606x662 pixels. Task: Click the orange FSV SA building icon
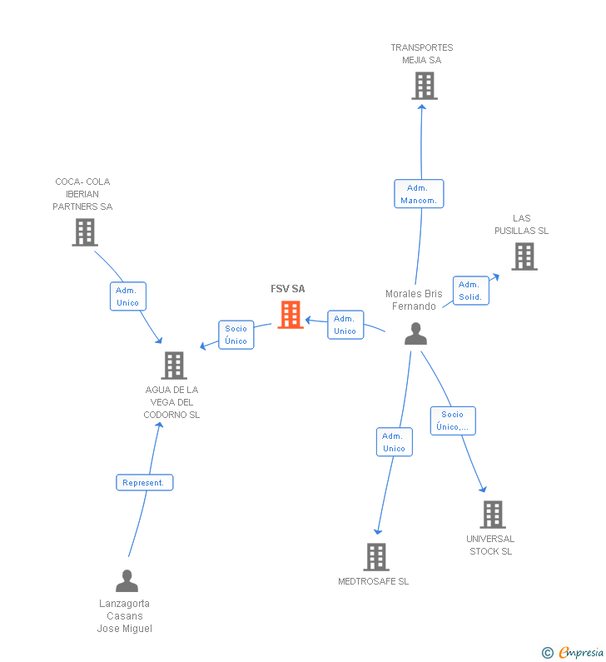tap(291, 315)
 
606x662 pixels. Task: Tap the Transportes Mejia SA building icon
tap(425, 86)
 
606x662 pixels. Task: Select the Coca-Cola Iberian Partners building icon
tap(85, 232)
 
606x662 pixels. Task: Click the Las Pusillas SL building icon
tap(524, 256)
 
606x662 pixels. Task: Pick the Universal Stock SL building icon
tap(493, 515)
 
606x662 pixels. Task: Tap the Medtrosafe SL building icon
tap(376, 556)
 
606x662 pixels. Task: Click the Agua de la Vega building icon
tap(174, 365)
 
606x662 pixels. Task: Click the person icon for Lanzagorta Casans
tap(127, 580)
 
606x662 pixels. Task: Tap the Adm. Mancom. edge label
tap(419, 194)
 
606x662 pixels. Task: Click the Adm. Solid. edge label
tap(469, 291)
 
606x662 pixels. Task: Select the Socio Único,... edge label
tap(453, 421)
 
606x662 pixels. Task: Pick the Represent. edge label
tap(145, 483)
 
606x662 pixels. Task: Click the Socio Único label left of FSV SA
tap(236, 335)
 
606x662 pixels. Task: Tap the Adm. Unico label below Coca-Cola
tap(128, 296)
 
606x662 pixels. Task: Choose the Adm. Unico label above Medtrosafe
tap(394, 442)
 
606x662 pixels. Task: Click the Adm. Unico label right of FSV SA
tap(345, 325)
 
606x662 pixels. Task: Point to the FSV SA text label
tap(288, 289)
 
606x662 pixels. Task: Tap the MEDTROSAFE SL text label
tap(374, 581)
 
